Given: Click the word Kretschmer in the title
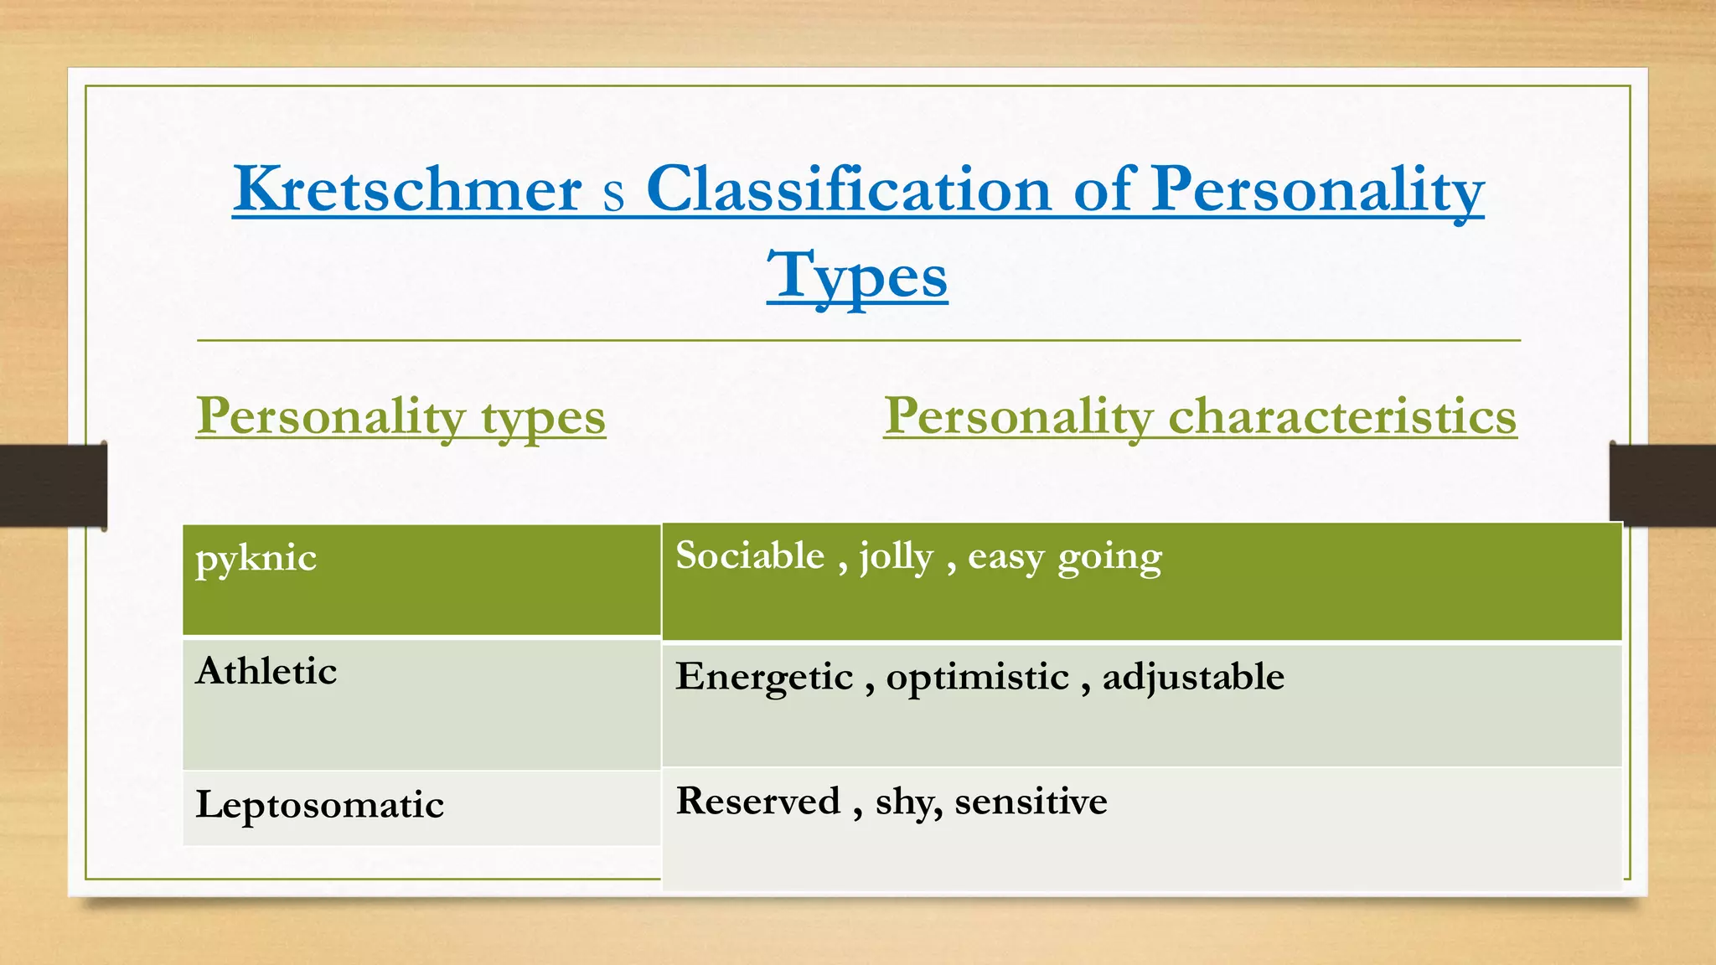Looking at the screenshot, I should (x=407, y=189).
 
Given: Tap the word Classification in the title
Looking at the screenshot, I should (x=848, y=189).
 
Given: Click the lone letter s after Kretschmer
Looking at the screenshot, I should (x=613, y=194).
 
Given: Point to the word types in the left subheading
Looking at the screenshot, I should (x=543, y=418).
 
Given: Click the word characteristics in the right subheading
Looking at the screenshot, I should (x=1341, y=416).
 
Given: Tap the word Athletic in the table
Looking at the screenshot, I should (x=266, y=671).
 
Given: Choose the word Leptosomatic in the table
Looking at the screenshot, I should (x=319, y=805).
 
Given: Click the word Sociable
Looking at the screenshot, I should (x=750, y=556).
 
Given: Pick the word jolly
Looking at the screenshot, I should (x=896, y=558).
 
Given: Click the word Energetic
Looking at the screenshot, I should (x=764, y=678).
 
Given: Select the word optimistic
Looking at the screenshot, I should (x=977, y=677).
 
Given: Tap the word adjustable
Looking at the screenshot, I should (x=1192, y=678).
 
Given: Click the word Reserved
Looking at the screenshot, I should (x=757, y=801).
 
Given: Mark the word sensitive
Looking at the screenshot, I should (x=1031, y=802).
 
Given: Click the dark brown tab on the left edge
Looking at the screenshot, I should (x=53, y=486).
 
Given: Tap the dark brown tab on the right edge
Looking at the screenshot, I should (x=1662, y=484).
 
